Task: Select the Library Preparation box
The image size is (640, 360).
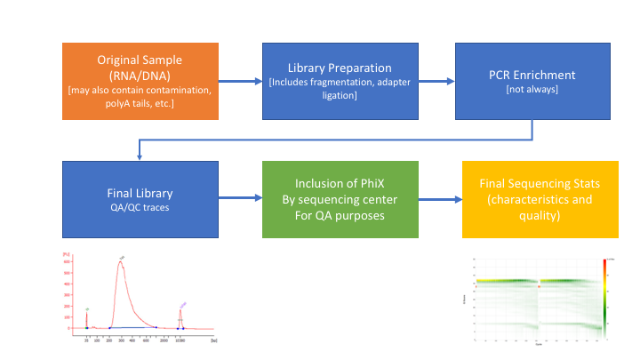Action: [x=339, y=81]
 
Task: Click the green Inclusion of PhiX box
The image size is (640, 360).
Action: [x=339, y=199]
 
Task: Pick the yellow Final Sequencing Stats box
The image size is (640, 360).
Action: [x=540, y=199]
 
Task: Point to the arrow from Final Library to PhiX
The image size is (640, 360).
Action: [x=240, y=200]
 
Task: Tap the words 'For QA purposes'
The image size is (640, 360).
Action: [x=339, y=215]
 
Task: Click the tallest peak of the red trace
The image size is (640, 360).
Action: [x=121, y=262]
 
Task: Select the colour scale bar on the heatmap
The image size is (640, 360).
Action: [x=604, y=298]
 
